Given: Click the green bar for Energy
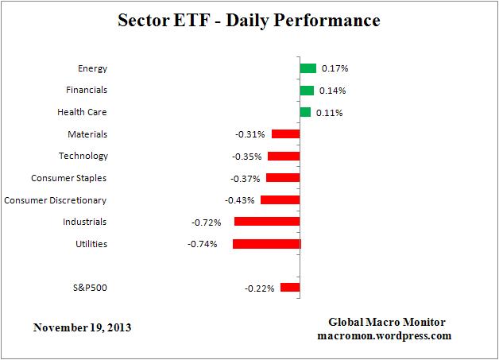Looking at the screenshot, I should tap(308, 68).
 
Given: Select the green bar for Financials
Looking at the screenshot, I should tap(307, 91).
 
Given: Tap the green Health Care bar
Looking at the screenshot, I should tap(305, 112).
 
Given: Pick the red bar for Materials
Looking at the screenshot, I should tap(286, 134).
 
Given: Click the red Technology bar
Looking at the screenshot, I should tap(284, 156).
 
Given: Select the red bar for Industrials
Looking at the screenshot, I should tap(267, 222).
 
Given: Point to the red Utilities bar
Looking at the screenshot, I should tap(267, 244).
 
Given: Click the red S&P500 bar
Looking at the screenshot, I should tap(290, 288).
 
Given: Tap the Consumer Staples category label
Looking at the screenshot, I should tap(68, 178).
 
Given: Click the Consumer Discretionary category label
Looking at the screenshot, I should tap(56, 200).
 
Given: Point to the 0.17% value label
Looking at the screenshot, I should tap(334, 68).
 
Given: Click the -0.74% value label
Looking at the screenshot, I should tap(203, 244).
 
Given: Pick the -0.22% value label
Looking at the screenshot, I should tap(260, 288).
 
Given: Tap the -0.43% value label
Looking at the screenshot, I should tap(240, 200).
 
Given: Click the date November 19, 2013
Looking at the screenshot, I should tap(83, 327).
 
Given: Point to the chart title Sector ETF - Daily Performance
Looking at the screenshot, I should tap(249, 18).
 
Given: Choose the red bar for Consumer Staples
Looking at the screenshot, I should tap(283, 178).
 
